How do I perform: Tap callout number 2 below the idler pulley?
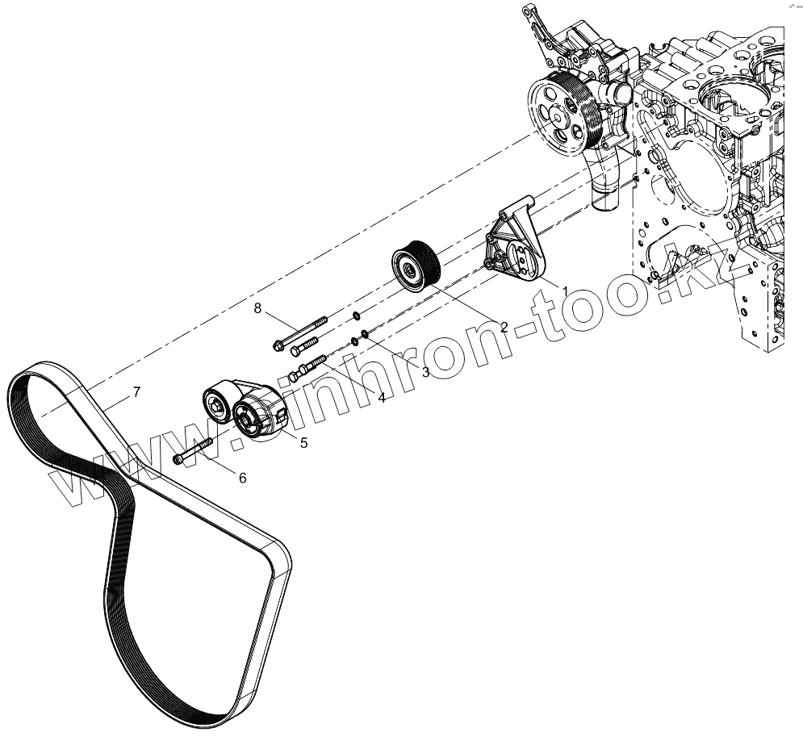pos(504,327)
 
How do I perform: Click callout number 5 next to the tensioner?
pos(303,441)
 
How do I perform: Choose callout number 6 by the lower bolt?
pos(242,478)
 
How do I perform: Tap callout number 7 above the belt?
pos(136,393)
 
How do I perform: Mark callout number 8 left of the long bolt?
pos(258,308)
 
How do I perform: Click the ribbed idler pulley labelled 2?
pos(415,263)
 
